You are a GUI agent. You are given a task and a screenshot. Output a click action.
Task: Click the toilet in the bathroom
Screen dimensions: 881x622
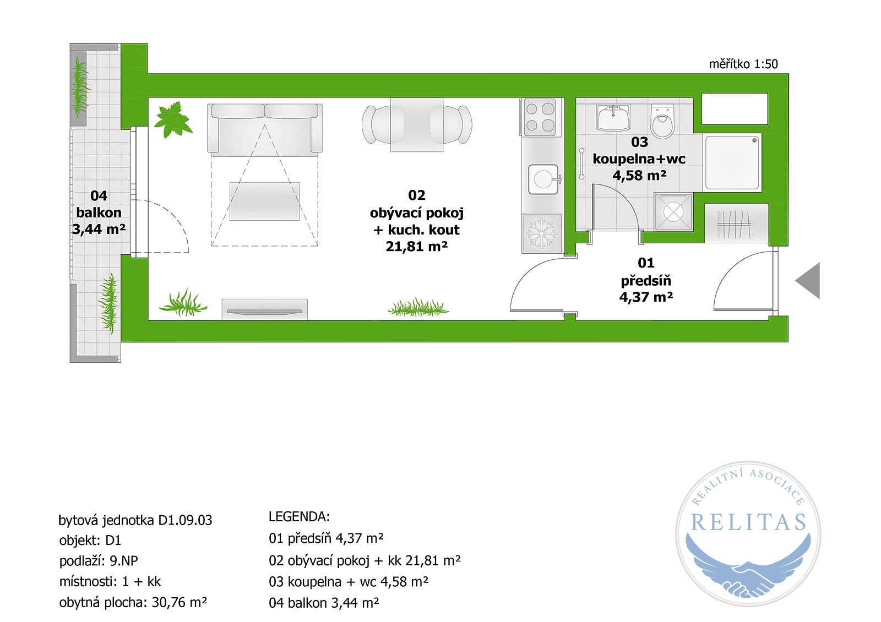pos(663,121)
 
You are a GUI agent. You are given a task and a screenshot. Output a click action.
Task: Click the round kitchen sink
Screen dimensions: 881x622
pos(544,179)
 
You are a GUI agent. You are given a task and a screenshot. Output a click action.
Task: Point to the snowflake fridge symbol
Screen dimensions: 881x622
pos(542,233)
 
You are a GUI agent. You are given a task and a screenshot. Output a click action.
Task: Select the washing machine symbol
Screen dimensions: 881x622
pos(673,212)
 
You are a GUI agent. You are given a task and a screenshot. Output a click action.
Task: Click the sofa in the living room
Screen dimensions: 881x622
pos(265,128)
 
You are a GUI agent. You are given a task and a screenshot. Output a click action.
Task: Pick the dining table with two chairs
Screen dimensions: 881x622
pos(417,124)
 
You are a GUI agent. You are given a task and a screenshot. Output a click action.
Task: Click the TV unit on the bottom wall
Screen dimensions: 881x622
pos(265,309)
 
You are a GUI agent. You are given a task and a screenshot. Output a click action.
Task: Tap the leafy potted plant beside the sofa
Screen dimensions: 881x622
pos(173,119)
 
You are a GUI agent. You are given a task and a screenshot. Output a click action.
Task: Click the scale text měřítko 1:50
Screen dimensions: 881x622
pos(743,64)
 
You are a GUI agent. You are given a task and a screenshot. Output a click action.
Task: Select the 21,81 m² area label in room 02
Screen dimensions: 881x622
pos(416,247)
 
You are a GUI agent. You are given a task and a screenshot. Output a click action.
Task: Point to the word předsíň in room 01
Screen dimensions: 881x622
pos(646,281)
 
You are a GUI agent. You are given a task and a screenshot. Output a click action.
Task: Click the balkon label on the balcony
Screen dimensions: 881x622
pos(99,212)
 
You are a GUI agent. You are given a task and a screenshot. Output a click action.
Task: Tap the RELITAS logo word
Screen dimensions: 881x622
pos(748,522)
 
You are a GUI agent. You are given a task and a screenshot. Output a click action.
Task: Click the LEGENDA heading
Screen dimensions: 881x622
pos(300,517)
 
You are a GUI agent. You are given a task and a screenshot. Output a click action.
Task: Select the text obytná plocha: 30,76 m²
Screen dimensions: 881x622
pos(133,603)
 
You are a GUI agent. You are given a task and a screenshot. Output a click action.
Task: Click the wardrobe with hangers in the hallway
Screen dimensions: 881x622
pos(736,223)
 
